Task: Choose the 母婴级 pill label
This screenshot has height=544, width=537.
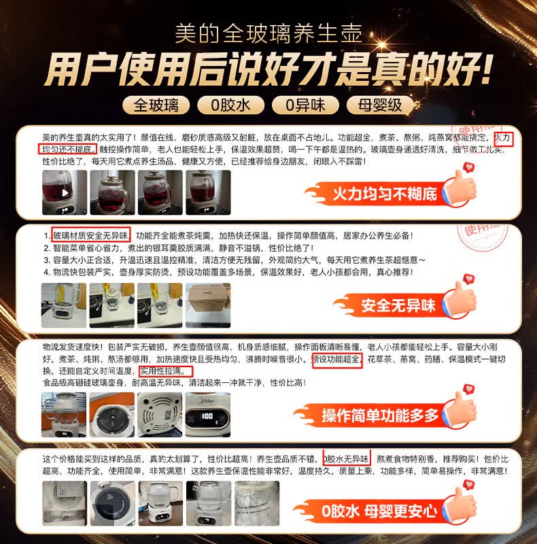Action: (x=379, y=105)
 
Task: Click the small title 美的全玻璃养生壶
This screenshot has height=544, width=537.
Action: (x=268, y=32)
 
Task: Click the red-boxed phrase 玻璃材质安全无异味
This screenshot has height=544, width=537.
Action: (x=91, y=236)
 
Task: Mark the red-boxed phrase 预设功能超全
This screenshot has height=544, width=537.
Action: (x=338, y=360)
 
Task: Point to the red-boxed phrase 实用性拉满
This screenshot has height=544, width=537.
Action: (x=166, y=371)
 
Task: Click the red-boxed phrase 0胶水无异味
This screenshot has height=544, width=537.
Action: (x=346, y=458)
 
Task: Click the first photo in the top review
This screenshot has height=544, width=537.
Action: (x=65, y=192)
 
